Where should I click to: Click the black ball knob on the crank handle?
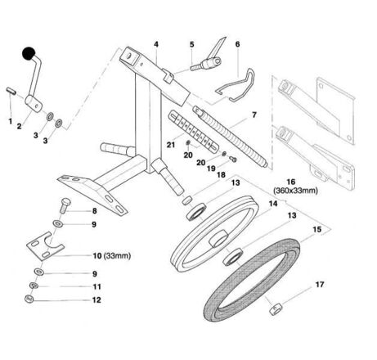point(29,54)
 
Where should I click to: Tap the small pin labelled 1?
point(11,91)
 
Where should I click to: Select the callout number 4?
point(156,44)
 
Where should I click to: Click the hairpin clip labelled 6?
point(236,86)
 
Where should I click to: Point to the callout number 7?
point(254,115)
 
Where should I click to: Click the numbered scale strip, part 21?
point(194,130)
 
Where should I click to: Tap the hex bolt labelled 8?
point(65,205)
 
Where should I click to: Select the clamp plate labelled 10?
point(46,246)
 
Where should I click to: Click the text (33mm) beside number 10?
point(118,256)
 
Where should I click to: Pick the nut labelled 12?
point(29,299)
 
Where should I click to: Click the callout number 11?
point(96,286)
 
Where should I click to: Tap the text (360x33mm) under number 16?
point(295,191)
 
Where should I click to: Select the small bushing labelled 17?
point(276,310)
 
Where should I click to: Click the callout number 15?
point(316,229)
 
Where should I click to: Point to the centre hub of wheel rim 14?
point(218,237)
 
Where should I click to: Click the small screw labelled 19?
point(233,159)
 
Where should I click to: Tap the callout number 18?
point(221,175)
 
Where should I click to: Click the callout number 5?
point(192,44)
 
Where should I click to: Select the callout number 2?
point(19,126)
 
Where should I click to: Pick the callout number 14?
point(273,204)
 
